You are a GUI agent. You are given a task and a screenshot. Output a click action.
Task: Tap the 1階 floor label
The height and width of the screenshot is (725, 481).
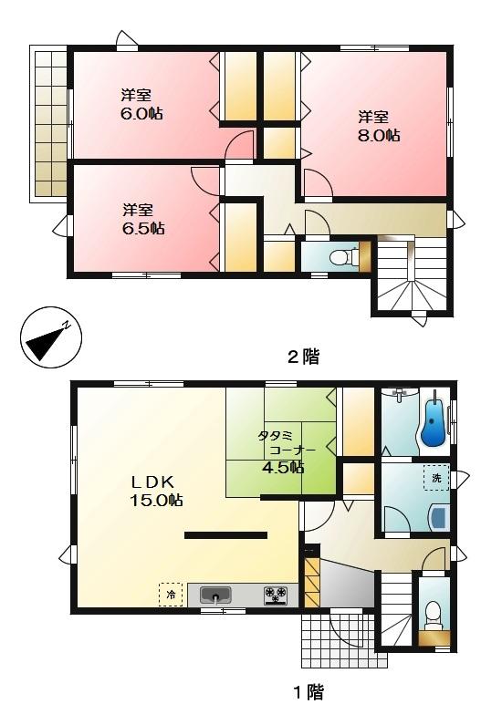point(308,692)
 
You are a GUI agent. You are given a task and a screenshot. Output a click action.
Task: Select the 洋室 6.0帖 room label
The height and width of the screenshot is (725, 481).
point(136,104)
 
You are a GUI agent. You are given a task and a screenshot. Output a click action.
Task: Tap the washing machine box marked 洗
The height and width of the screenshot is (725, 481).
point(437,477)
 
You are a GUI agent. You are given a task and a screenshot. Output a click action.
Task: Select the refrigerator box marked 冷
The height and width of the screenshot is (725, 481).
point(171,594)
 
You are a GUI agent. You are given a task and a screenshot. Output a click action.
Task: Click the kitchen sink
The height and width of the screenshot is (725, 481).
point(215,596)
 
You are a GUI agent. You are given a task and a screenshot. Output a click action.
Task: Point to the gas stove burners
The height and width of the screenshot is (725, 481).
point(276,596)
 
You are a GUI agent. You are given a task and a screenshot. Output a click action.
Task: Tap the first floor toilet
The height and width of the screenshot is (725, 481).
point(434,612)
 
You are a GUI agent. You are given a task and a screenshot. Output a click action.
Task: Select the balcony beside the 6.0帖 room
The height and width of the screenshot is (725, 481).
point(49,123)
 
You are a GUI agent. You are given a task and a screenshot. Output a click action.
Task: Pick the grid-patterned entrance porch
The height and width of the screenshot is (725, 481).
point(337,639)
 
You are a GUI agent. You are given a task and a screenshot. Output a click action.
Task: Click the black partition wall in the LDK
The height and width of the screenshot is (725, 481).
point(225,535)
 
